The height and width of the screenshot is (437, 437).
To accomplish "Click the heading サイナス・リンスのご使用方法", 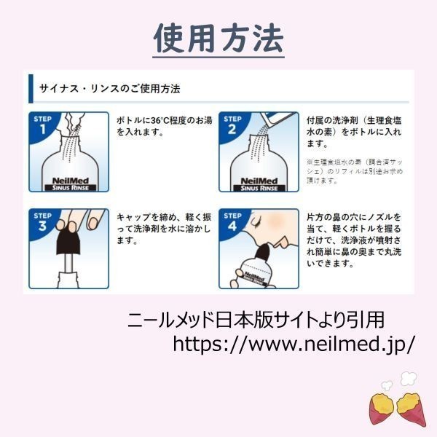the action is [109, 89].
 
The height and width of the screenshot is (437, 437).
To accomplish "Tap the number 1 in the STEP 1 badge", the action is [42, 130].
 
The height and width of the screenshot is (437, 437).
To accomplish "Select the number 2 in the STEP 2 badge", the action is [232, 130].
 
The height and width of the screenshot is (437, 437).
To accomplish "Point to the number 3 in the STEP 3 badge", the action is [42, 226].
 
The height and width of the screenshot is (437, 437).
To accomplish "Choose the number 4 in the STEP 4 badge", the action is [232, 226].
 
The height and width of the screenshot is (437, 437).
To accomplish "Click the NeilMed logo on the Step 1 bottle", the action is [71, 181].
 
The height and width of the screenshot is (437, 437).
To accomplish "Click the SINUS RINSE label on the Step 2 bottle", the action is [259, 188].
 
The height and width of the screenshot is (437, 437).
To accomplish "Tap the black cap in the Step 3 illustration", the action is [68, 240].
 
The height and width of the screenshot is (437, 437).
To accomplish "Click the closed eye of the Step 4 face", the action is [256, 223].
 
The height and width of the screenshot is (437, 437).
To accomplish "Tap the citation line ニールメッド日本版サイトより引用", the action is [256, 320].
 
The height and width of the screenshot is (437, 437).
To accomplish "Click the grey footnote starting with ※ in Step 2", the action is [355, 171].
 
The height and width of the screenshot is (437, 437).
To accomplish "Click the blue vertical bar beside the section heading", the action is [31, 89].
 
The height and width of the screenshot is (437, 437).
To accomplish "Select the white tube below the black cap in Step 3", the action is [68, 264].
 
